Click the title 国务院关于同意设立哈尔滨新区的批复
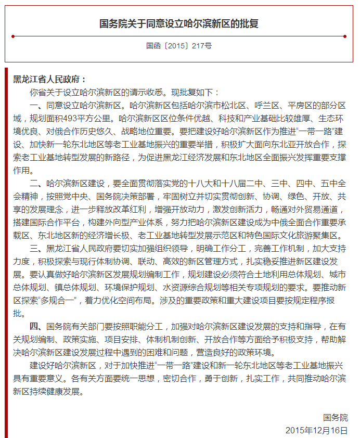[x=179, y=24]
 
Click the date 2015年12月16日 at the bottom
[x=316, y=430]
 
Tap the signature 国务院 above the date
[x=335, y=418]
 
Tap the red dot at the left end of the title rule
[x=12, y=36]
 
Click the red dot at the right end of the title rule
[x=345, y=36]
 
